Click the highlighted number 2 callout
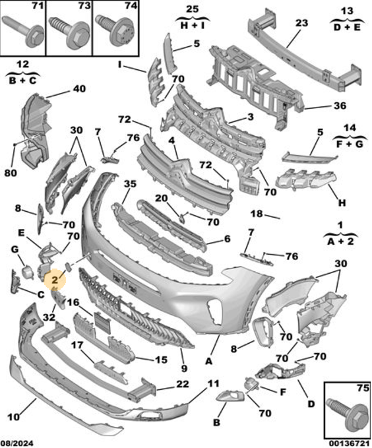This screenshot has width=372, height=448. pyautogui.click(x=55, y=280)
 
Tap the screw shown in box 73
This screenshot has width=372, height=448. pyautogui.click(x=69, y=32)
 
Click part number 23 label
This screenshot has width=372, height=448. pyautogui.click(x=301, y=23)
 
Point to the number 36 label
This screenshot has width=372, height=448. pyautogui.click(x=340, y=106)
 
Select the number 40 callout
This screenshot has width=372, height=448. pyautogui.click(x=79, y=89)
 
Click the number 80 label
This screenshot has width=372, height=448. pyautogui.click(x=11, y=173)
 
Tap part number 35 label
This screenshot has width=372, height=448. pyautogui.click(x=130, y=183)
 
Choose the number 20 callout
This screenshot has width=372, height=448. pyautogui.click(x=162, y=198)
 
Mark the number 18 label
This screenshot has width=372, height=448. pyautogui.click(x=257, y=213)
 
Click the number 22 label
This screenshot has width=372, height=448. pyautogui.click(x=183, y=384)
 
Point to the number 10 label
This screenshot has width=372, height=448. pyautogui.click(x=13, y=417)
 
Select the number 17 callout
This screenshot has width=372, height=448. pyautogui.click(x=77, y=346)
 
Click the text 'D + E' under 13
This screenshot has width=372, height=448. pyautogui.click(x=347, y=28)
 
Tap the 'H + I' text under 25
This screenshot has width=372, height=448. pyautogui.click(x=193, y=26)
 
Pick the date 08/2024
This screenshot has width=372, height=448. pyautogui.click(x=17, y=443)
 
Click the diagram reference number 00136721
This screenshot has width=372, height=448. pyautogui.click(x=349, y=443)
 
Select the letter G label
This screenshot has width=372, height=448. pyautogui.click(x=15, y=249)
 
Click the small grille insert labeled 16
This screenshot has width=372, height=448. pyautogui.click(x=103, y=323)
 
